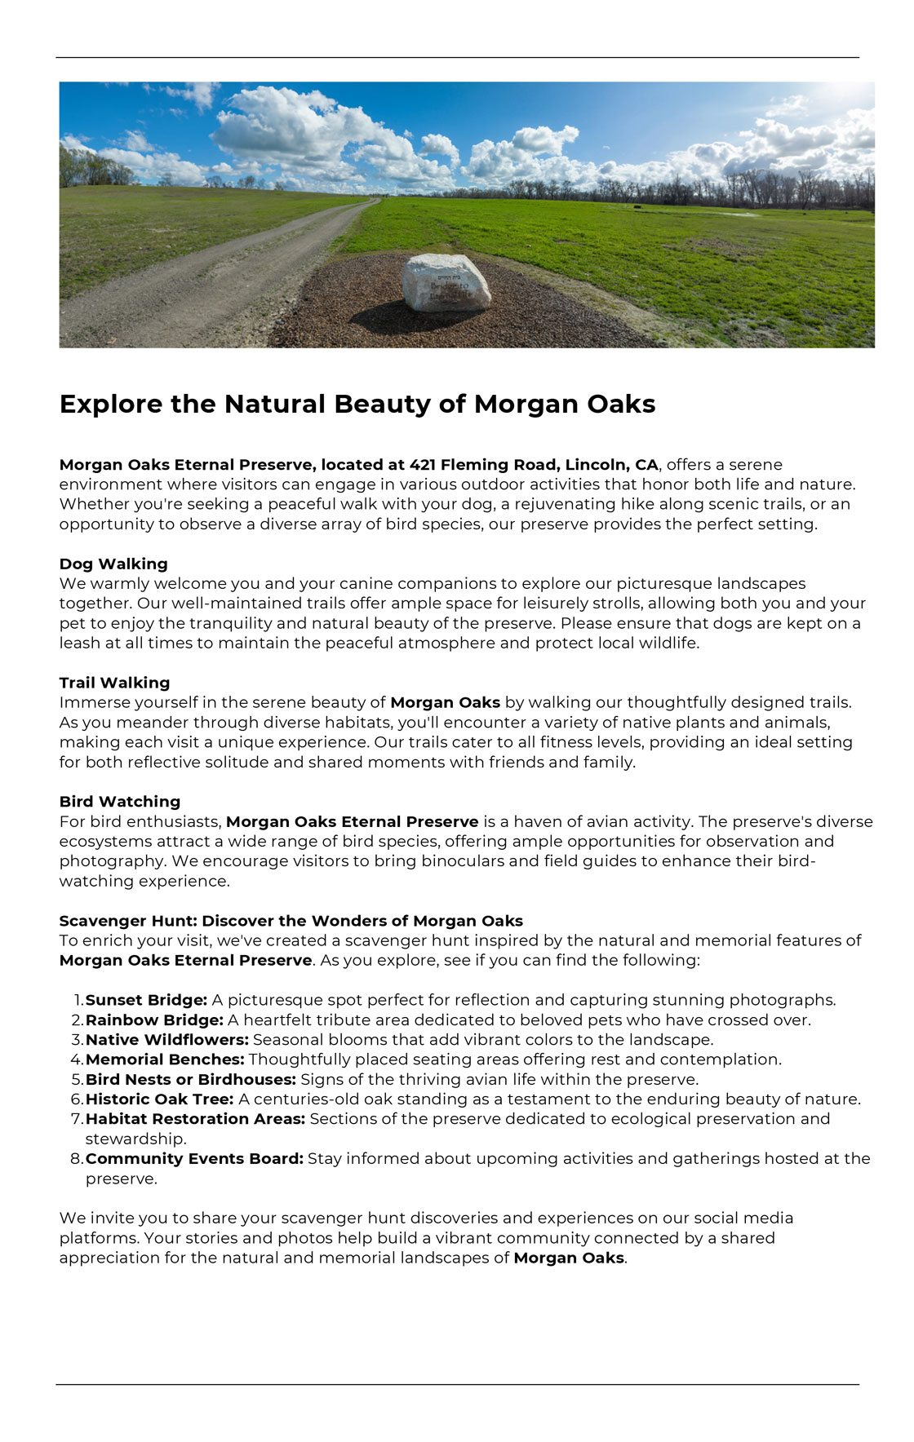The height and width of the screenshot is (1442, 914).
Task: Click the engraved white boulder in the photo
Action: (x=446, y=282)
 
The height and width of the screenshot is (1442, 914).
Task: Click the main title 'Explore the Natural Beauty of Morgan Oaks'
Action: (x=357, y=404)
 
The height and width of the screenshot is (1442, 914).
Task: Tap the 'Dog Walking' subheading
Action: (x=113, y=564)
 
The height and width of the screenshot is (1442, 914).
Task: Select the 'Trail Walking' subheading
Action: (x=114, y=683)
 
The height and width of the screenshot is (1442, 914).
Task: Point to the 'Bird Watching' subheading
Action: (x=120, y=802)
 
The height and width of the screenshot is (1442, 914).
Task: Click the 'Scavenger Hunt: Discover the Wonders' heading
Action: (x=291, y=921)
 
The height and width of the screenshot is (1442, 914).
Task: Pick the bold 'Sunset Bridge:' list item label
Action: (x=146, y=1000)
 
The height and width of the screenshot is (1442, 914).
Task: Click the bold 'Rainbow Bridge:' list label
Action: (x=154, y=1020)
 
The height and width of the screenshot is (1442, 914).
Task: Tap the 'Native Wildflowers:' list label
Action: (x=167, y=1040)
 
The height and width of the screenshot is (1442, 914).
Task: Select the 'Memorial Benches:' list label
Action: (x=165, y=1059)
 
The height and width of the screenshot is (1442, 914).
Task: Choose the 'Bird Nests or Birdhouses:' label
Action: (x=191, y=1080)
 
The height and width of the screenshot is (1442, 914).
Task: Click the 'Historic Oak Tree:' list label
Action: (x=159, y=1099)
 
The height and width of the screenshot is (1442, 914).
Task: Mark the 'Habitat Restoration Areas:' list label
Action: (x=195, y=1119)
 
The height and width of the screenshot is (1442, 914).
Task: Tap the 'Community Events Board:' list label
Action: (x=194, y=1159)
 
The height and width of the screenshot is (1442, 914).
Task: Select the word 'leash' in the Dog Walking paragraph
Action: (x=81, y=643)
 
